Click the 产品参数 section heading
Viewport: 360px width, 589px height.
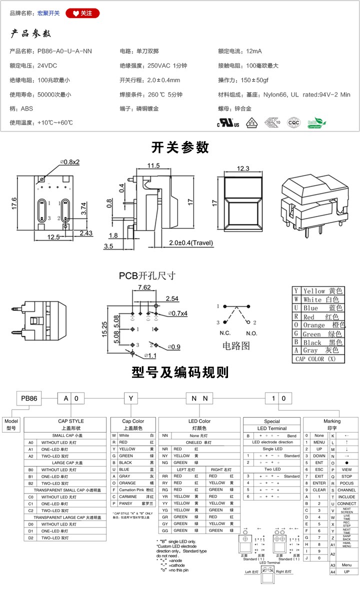31,34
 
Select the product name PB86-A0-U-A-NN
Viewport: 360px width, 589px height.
64,51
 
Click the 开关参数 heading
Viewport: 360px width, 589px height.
180,147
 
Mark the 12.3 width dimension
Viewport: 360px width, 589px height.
243,169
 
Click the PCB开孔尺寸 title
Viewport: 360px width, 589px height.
147,275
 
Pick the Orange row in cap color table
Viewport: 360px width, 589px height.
318,325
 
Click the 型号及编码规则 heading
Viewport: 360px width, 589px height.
180,372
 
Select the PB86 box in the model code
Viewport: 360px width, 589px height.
28,398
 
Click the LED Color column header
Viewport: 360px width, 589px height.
199,421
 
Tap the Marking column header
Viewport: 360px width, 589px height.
331,421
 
